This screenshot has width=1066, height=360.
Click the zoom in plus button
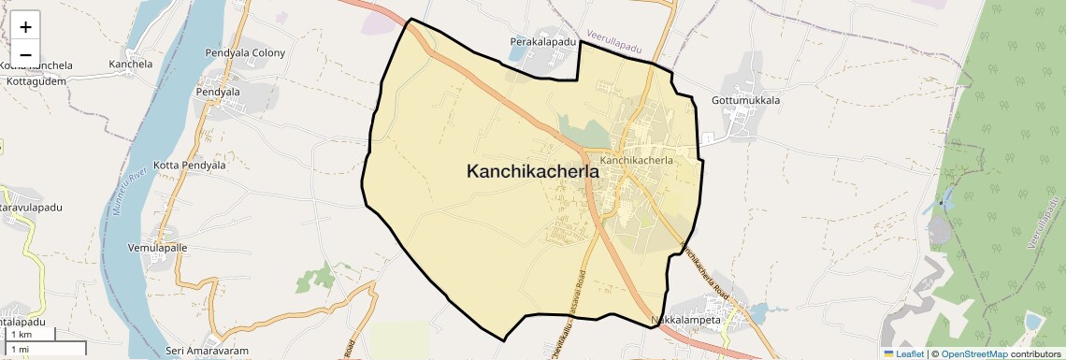point(25,26)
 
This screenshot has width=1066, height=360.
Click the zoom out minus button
point(25,54)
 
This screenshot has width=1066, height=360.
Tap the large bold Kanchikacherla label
point(533,171)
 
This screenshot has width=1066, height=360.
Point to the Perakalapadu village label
point(543,42)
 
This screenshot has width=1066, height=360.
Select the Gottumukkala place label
point(745,100)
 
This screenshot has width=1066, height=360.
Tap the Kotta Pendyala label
point(190,165)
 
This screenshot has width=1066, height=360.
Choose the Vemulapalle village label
point(157,248)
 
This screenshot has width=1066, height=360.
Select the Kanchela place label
point(130,65)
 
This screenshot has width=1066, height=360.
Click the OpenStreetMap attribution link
point(973,354)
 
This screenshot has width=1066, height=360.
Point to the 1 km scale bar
point(28,335)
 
